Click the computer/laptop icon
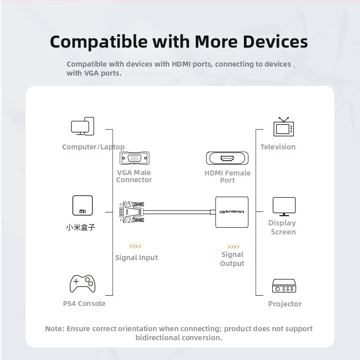pyautogui.click(x=82, y=126)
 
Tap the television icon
pyautogui.click(x=283, y=127)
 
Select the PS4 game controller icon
pyautogui.click(x=82, y=284)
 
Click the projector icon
pyautogui.click(x=284, y=286)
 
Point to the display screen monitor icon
pyautogui.click(x=284, y=207)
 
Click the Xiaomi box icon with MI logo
pyautogui.click(x=82, y=206)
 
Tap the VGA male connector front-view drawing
pyautogui.click(x=135, y=158)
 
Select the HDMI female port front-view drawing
pyautogui.click(x=227, y=158)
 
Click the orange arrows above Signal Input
pyautogui.click(x=135, y=246)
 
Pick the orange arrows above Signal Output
pyautogui.click(x=233, y=247)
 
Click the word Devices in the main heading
pyautogui.click(x=275, y=42)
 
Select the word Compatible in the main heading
pyautogui.click(x=99, y=42)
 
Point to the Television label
pyautogui.click(x=278, y=147)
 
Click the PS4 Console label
pyautogui.click(x=84, y=303)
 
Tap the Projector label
pyautogui.click(x=285, y=304)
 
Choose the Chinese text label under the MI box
pyautogui.click(x=81, y=227)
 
